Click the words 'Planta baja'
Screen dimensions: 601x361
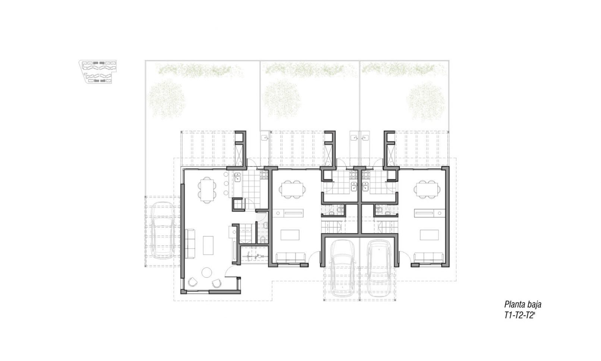[523, 304]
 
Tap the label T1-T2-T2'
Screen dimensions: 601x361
[520, 315]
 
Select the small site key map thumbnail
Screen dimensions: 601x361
[98, 72]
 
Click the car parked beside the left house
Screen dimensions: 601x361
[163, 230]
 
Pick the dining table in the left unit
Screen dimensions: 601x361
[207, 190]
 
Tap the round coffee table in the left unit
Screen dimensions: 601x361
[207, 273]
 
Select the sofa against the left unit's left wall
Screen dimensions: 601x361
[190, 244]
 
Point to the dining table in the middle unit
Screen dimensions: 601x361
[292, 189]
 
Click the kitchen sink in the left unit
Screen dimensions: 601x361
[238, 177]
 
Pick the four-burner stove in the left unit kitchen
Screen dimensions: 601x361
[264, 175]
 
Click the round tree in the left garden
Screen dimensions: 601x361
[167, 99]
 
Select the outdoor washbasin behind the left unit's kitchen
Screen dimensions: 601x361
[265, 138]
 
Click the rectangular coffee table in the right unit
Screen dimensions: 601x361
[429, 235]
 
